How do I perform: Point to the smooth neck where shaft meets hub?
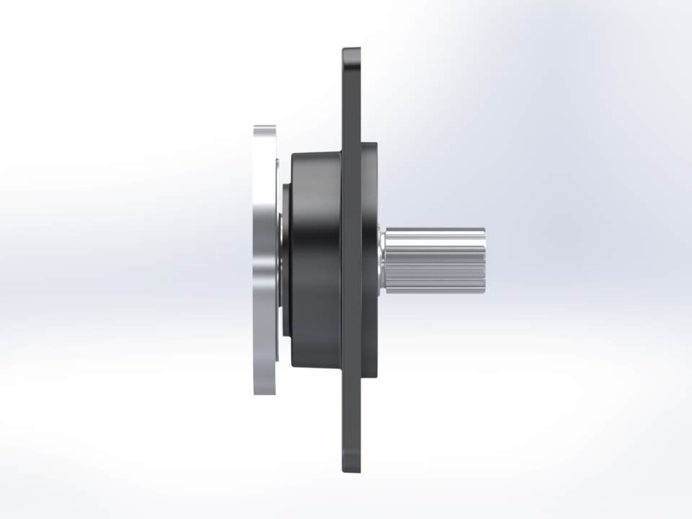click(382, 260)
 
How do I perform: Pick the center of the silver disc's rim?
click(265, 260)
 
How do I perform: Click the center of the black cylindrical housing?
click(316, 260)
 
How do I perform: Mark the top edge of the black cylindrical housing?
click(316, 152)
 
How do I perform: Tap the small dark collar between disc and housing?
click(286, 260)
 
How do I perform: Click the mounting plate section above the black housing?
click(351, 101)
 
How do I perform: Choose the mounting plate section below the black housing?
click(351, 418)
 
